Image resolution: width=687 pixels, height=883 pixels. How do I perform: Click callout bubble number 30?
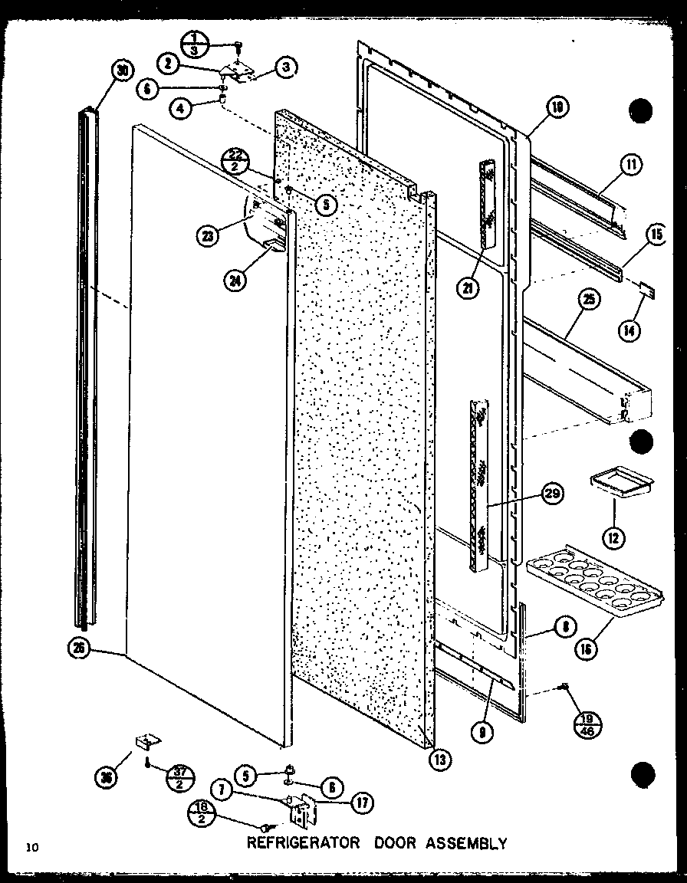[x=122, y=71]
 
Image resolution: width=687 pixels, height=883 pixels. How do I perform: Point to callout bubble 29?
[x=551, y=494]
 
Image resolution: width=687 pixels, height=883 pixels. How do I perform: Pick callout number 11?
[x=632, y=164]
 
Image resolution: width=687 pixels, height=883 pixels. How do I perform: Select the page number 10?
[x=31, y=846]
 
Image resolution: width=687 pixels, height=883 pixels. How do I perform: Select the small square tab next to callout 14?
[x=647, y=291]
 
